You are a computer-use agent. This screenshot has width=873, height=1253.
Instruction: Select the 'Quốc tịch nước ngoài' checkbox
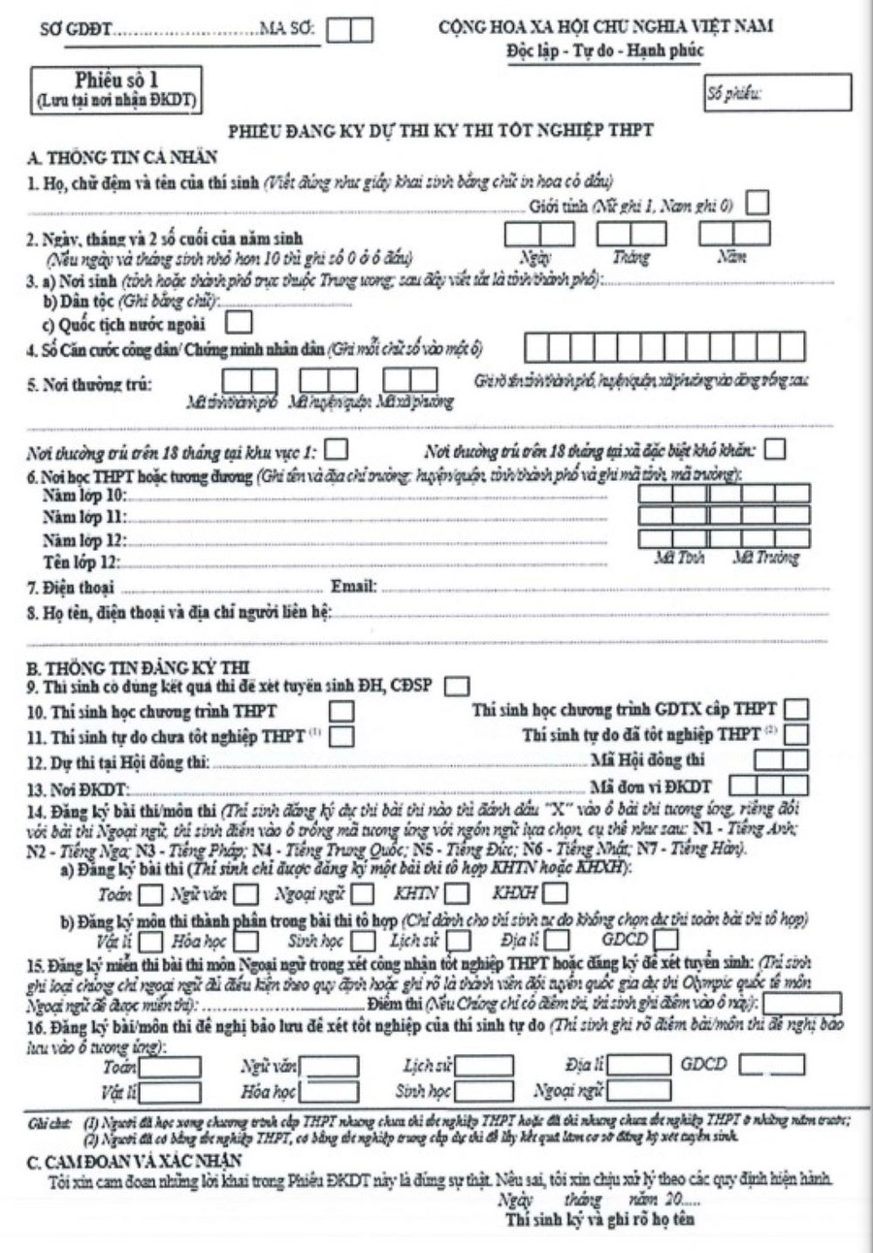point(239,318)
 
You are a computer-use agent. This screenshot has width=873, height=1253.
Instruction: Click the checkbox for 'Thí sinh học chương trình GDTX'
point(795,710)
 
